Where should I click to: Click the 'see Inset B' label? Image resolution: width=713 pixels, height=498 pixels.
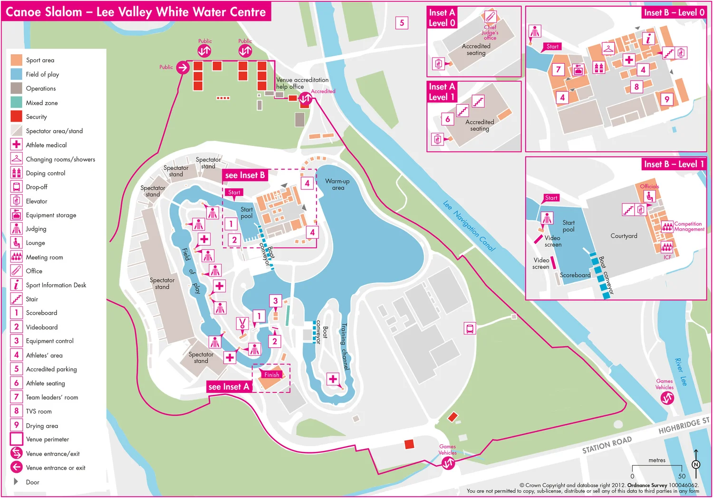(244, 175)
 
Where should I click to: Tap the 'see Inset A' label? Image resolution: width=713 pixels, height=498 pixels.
(229, 387)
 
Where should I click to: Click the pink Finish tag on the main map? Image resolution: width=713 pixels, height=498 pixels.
(271, 374)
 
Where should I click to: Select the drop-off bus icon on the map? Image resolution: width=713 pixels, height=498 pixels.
(470, 328)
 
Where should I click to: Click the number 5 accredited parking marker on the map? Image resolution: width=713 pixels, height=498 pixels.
(402, 23)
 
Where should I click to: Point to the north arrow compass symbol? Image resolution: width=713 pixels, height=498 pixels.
(696, 464)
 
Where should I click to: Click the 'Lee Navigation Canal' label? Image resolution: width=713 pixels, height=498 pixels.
(469, 225)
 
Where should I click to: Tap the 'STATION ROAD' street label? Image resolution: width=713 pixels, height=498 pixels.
(607, 444)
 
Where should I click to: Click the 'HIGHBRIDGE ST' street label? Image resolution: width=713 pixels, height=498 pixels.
(683, 426)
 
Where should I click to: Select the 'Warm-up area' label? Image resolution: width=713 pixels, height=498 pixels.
(337, 185)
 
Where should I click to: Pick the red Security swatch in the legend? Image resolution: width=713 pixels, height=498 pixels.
(16, 117)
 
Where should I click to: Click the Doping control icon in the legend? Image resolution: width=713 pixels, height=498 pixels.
(16, 173)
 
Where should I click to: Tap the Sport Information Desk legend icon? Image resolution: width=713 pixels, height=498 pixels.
(16, 284)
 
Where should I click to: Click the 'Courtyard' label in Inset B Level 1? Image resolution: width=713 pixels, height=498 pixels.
(624, 236)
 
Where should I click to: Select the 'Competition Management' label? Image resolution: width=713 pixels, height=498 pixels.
(689, 226)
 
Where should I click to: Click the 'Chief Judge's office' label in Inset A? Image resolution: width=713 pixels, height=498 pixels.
(490, 32)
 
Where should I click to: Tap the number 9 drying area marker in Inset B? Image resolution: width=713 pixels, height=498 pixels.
(667, 99)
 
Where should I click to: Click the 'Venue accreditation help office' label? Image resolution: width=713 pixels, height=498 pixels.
(302, 83)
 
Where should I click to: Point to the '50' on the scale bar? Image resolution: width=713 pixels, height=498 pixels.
(682, 476)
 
